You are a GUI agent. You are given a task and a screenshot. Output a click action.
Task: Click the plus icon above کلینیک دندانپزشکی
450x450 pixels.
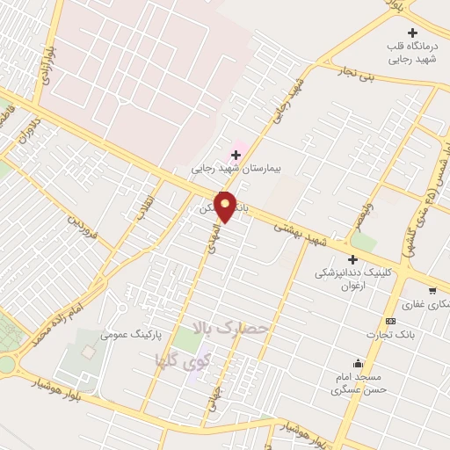pyautogui.click(x=352, y=259)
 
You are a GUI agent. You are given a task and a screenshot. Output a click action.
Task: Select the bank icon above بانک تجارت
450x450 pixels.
pyautogui.click(x=390, y=322)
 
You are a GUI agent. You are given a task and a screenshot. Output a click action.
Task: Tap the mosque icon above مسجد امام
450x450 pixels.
pyautogui.click(x=358, y=363)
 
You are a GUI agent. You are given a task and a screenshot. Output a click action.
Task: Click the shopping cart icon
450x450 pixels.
pyautogui.click(x=432, y=288)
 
